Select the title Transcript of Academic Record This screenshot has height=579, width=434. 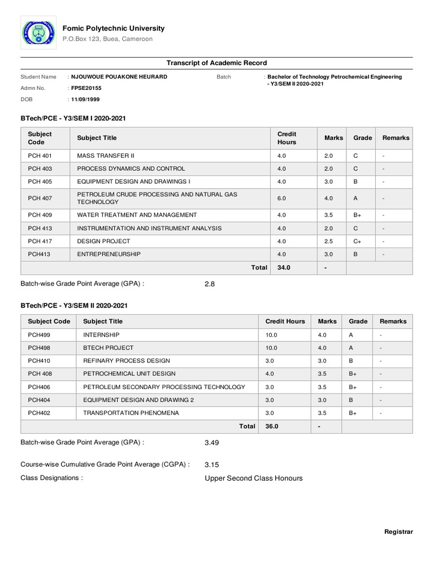click(216, 63)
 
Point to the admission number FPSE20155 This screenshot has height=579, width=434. click(86, 88)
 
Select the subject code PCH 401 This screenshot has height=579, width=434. click(40, 155)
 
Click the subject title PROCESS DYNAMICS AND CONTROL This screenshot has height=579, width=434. click(131, 168)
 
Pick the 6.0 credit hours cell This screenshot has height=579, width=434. click(282, 198)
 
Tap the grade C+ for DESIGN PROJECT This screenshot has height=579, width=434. click(358, 241)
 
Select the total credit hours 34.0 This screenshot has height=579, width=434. click(284, 268)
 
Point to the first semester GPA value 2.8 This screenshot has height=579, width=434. click(210, 284)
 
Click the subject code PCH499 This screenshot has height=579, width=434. click(39, 335)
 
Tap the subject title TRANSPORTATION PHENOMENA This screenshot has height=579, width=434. click(131, 413)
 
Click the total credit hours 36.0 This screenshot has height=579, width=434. click(272, 426)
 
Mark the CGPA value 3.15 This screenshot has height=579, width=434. click(211, 464)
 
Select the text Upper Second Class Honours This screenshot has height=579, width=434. click(253, 478)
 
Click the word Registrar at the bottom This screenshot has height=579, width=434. click(398, 532)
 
